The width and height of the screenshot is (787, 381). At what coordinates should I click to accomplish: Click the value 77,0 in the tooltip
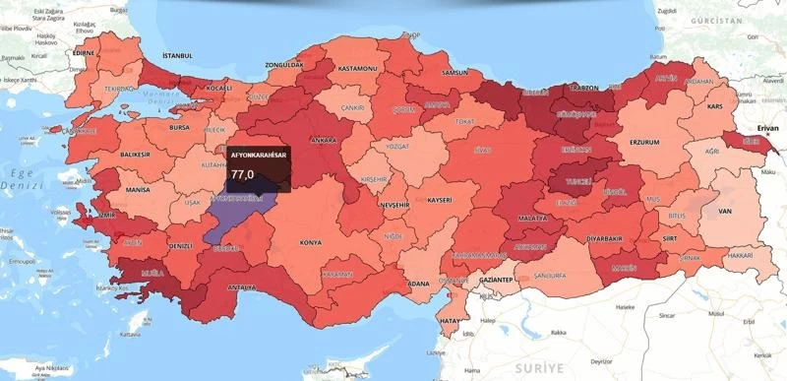click(243, 174)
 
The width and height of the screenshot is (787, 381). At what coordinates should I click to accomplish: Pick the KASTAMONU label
click(358, 69)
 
